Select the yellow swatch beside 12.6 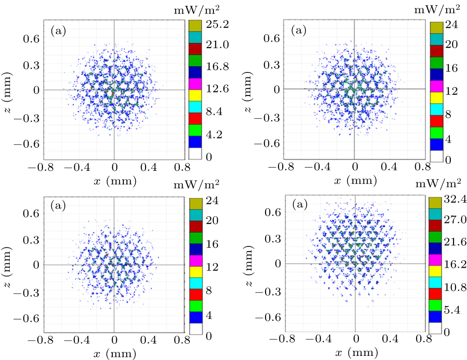point(195,96)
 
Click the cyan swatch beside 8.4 point(195,107)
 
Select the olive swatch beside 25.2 point(195,25)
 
